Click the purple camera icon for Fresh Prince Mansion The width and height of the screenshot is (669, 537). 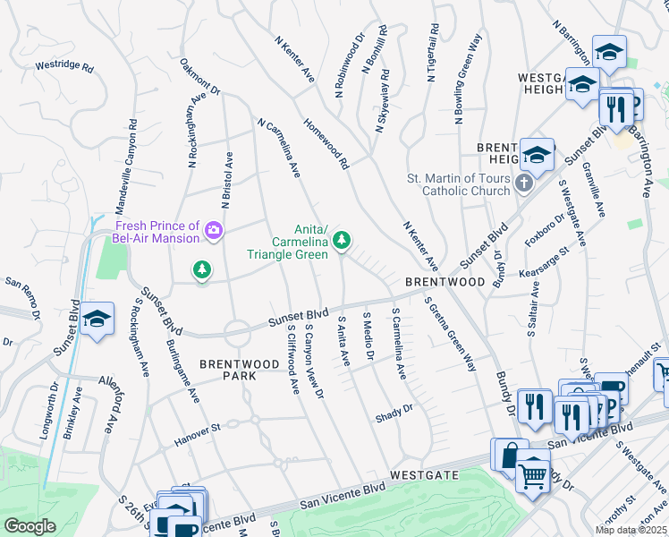[x=214, y=231]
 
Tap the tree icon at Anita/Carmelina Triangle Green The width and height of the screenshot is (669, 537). [x=341, y=239]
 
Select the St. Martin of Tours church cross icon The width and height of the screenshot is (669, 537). [x=525, y=183]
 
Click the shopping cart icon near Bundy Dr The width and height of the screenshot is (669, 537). [x=533, y=474]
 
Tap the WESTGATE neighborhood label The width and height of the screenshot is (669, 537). [x=424, y=474]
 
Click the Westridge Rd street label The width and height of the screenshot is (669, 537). [x=64, y=66]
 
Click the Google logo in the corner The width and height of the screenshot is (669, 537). [x=30, y=526]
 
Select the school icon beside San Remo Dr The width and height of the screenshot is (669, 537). [x=96, y=320]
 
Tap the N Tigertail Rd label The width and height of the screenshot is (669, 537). [x=434, y=52]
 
